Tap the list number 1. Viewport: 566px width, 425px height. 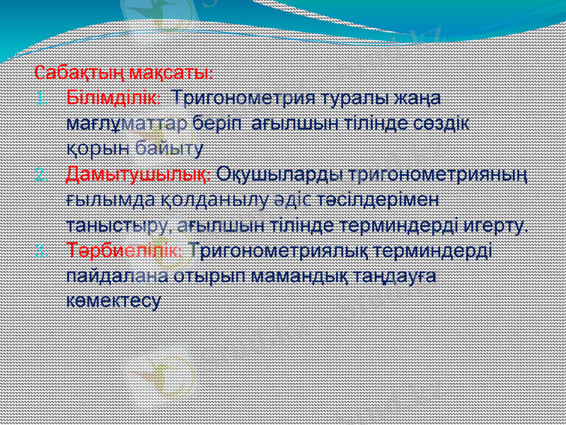tap(40, 97)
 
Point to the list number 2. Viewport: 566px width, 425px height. tap(40, 174)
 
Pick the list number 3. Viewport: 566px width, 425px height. tap(40, 251)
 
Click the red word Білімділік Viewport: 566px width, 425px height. tap(113, 96)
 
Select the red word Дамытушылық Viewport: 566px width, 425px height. tap(138, 173)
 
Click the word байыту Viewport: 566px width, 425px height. tap(169, 147)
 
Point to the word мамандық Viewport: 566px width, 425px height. tap(287, 276)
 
